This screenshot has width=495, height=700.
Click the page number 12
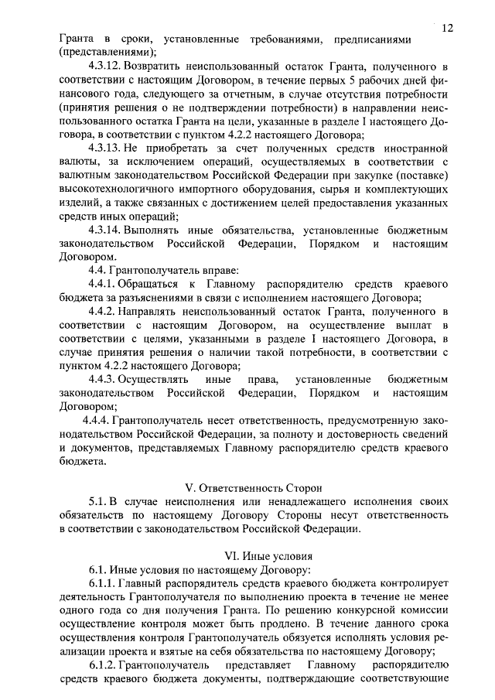(x=448, y=28)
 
